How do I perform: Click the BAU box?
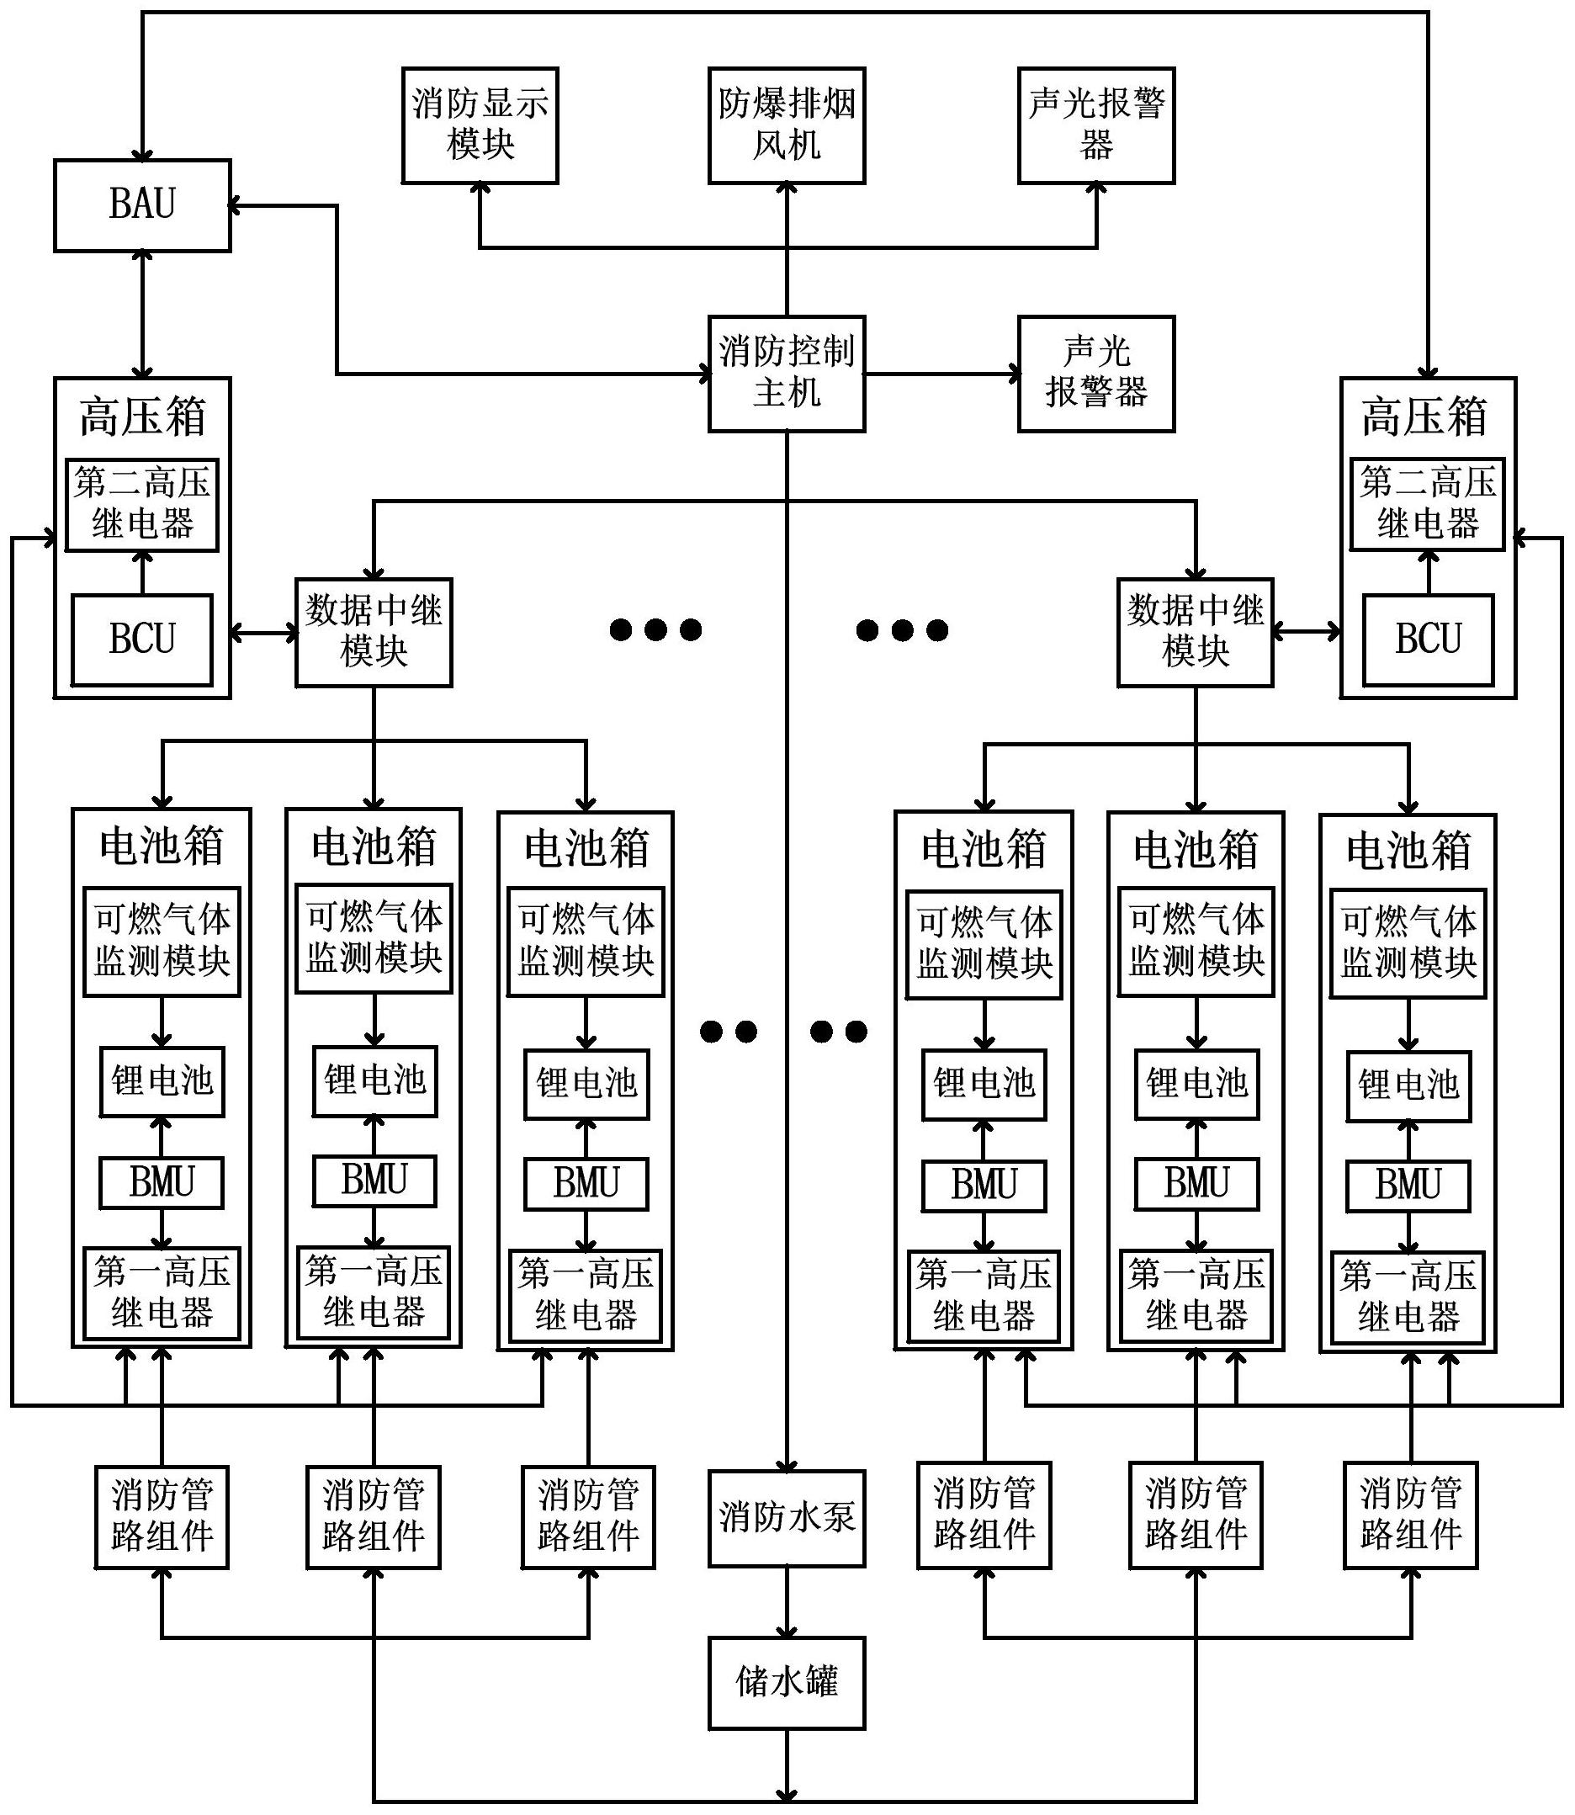(141, 204)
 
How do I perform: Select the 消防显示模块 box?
(479, 125)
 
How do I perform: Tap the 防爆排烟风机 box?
(786, 125)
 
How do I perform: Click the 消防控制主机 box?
(786, 374)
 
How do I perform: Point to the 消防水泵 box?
(786, 1518)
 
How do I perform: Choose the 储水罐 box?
(786, 1682)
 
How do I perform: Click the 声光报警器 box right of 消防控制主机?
(1095, 374)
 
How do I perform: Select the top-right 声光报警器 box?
(1095, 125)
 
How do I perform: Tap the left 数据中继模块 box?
(373, 631)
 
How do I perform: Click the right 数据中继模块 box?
(1195, 631)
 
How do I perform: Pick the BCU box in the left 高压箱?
(141, 639)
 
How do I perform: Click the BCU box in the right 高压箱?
(1426, 639)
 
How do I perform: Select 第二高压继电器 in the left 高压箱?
(141, 505)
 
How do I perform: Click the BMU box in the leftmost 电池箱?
(161, 1182)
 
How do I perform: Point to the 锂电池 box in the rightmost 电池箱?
(1408, 1085)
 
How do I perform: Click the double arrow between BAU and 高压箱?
(141, 315)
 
